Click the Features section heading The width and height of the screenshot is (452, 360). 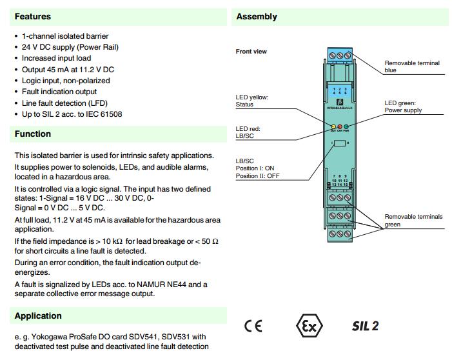pyautogui.click(x=33, y=16)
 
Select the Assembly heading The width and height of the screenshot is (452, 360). pyautogui.click(x=257, y=16)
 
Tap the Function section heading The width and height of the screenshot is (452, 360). pyautogui.click(x=33, y=134)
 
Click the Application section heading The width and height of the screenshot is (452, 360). pyautogui.click(x=38, y=316)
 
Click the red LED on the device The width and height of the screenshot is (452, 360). pyautogui.click(x=339, y=127)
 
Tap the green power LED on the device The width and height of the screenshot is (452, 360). pyautogui.click(x=346, y=127)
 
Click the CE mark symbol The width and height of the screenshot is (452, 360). pyautogui.click(x=253, y=326)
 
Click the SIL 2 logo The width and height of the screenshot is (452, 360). pyautogui.click(x=365, y=326)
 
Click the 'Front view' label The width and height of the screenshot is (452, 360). pyautogui.click(x=251, y=52)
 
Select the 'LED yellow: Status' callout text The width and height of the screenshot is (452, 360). pyautogui.click(x=251, y=101)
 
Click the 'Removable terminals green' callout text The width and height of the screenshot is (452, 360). pyautogui.click(x=413, y=221)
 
